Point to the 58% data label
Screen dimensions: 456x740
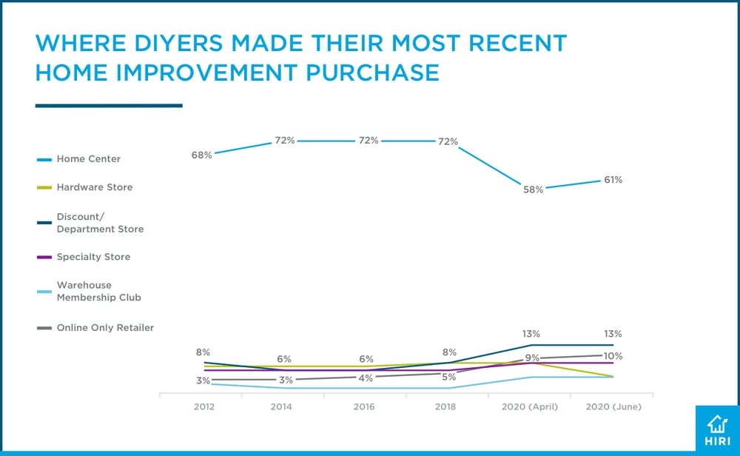click(x=533, y=190)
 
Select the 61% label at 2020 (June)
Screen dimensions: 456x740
click(x=612, y=179)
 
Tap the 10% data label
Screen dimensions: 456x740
click(x=612, y=356)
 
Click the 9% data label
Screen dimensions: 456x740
click(x=532, y=358)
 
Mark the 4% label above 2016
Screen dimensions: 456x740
click(x=366, y=378)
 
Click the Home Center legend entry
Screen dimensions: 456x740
click(x=88, y=158)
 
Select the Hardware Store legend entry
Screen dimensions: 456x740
click(x=94, y=187)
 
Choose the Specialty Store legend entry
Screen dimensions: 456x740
click(x=93, y=257)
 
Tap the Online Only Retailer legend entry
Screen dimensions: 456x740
click(x=105, y=327)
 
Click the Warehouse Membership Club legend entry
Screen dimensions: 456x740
click(x=98, y=291)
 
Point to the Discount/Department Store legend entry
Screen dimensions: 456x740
click(x=100, y=223)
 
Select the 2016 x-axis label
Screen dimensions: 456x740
click(x=364, y=407)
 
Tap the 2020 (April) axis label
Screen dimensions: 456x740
click(x=530, y=407)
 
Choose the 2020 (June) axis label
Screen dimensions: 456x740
click(x=613, y=407)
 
